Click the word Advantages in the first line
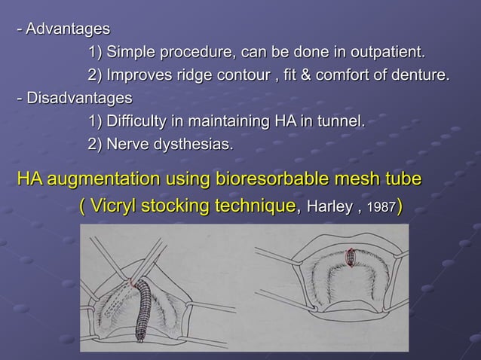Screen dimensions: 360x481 68,29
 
